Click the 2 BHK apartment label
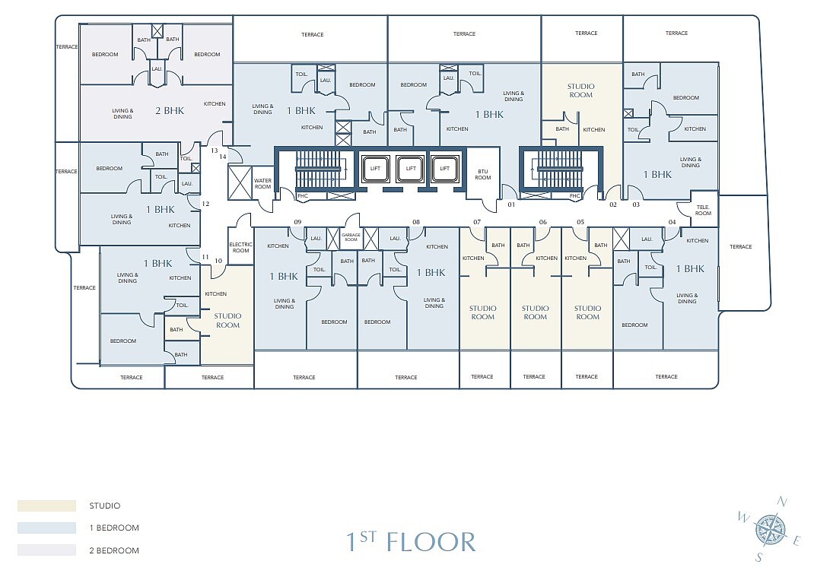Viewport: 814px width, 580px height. click(170, 110)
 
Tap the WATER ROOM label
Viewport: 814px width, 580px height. click(262, 184)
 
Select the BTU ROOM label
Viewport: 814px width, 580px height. click(483, 174)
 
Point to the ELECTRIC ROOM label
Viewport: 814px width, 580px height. click(241, 248)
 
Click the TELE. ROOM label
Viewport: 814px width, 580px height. click(704, 210)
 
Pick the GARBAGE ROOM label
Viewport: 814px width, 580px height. click(351, 237)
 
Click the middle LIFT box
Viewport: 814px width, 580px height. click(411, 169)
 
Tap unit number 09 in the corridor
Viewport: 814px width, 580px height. click(297, 222)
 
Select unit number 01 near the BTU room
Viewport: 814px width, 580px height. click(511, 205)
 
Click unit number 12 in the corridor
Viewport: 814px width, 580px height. click(205, 204)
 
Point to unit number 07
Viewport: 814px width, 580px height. click(477, 222)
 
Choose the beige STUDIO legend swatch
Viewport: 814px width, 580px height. click(46, 506)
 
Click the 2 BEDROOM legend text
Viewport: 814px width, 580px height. click(114, 550)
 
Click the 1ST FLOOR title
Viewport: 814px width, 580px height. click(411, 541)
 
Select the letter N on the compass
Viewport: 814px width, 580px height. click(782, 502)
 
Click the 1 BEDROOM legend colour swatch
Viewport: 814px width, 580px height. click(46, 528)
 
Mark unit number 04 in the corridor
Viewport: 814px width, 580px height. click(673, 222)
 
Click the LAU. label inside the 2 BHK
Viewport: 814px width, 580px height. click(157, 68)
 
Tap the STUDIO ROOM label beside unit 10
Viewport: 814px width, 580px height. click(227, 321)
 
